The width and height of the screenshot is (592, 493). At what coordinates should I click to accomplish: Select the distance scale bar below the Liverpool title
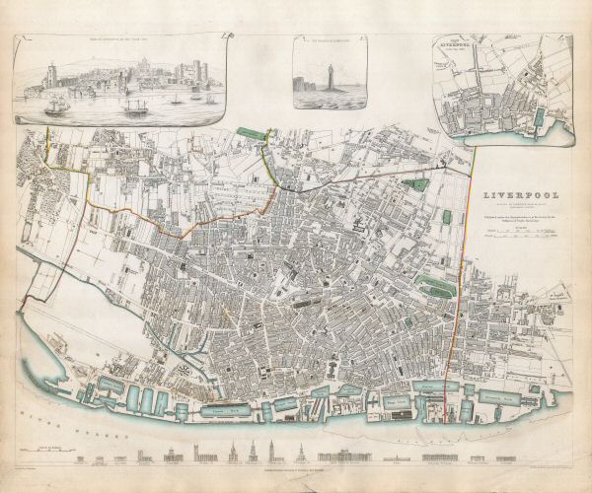click(x=520, y=234)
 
